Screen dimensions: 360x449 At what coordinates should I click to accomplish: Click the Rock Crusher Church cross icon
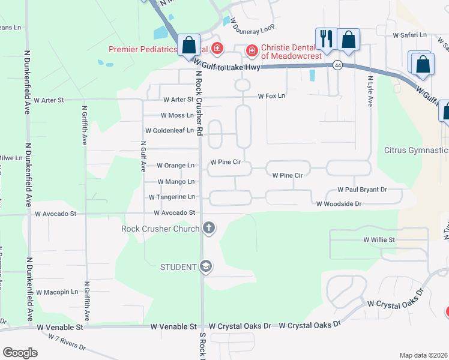(209, 227)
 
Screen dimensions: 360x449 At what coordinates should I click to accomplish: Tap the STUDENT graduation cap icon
(206, 266)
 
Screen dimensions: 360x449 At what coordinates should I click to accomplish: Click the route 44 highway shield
(339, 65)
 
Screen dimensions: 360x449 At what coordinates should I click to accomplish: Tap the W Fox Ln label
(272, 96)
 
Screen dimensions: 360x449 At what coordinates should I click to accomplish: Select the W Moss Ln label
(178, 115)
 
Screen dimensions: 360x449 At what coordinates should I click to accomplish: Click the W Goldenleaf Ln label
(170, 130)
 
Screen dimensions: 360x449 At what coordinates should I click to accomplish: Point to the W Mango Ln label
(176, 181)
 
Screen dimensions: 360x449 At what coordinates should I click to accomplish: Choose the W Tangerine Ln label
(172, 196)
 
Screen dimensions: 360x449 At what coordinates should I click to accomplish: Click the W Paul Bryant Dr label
(362, 190)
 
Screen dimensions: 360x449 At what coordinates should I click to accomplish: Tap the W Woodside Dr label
(339, 204)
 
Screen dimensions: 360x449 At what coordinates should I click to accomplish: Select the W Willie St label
(379, 239)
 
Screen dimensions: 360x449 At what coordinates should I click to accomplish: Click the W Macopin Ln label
(57, 292)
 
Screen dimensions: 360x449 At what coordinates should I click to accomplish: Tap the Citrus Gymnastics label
(416, 149)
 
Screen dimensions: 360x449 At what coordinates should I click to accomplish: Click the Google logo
(20, 353)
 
